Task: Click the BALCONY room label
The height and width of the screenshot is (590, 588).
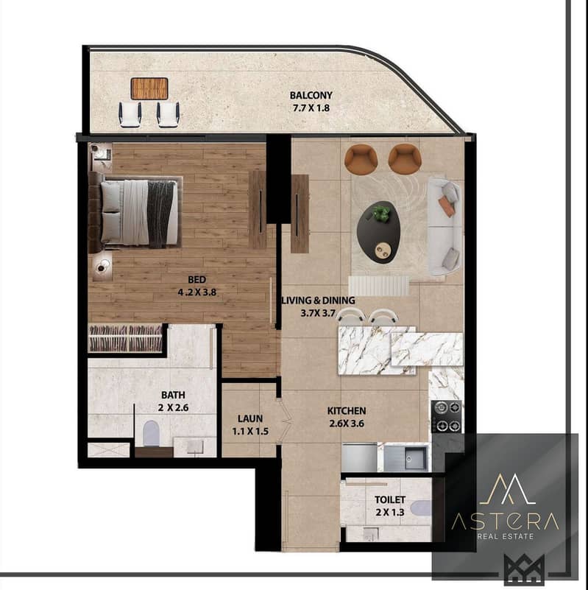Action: tap(311, 95)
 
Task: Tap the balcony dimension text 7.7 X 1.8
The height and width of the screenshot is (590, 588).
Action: tap(311, 108)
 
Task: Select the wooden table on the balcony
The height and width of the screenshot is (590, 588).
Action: tap(149, 88)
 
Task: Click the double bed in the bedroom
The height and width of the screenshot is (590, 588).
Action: tap(141, 212)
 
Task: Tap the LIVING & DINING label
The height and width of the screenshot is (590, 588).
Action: tap(319, 301)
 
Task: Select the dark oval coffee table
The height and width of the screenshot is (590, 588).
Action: tap(378, 228)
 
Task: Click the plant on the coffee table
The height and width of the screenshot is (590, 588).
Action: tap(381, 214)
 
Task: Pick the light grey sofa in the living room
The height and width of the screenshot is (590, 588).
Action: tap(445, 225)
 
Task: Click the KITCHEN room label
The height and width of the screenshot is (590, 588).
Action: tap(347, 410)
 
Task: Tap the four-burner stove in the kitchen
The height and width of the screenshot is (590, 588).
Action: tap(445, 416)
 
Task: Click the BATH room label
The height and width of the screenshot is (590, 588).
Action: tap(174, 393)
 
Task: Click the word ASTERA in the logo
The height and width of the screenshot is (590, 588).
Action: tap(504, 521)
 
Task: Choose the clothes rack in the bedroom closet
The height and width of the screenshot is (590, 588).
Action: tap(125, 338)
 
